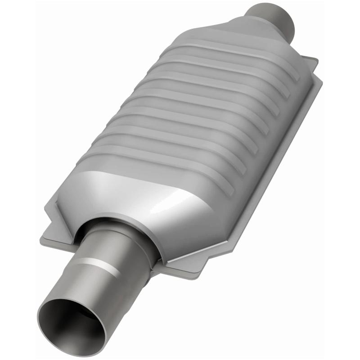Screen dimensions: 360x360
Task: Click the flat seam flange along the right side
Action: pos(279,153)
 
